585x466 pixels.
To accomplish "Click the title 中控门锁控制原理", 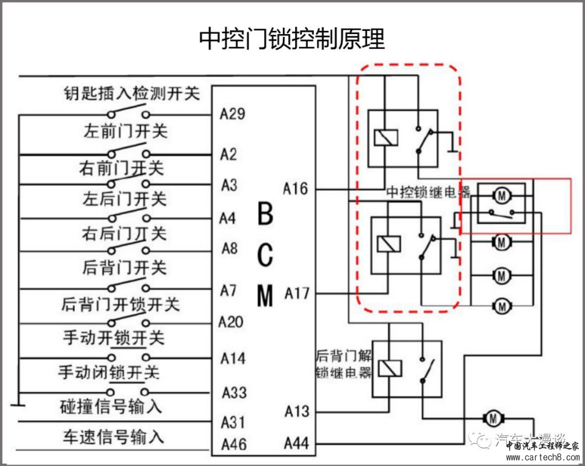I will pyautogui.click(x=292, y=39).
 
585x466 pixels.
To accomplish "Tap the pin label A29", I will pyautogui.click(x=232, y=114).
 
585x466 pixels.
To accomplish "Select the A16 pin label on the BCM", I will pyautogui.click(x=295, y=189).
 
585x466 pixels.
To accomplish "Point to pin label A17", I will pyautogui.click(x=297, y=294).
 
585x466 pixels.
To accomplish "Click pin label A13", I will pyautogui.click(x=297, y=412).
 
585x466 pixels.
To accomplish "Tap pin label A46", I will pyautogui.click(x=233, y=444).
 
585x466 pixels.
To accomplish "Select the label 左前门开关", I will pyautogui.click(x=125, y=131).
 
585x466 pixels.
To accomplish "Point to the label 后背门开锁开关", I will pyautogui.click(x=120, y=304).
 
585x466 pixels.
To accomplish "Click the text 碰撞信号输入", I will pyautogui.click(x=111, y=406).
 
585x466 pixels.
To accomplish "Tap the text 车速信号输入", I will pyautogui.click(x=113, y=437).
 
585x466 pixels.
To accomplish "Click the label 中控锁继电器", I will pyautogui.click(x=428, y=192).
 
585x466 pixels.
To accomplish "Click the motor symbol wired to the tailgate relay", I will pyautogui.click(x=492, y=418).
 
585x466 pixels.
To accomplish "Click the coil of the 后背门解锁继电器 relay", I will pyautogui.click(x=390, y=368).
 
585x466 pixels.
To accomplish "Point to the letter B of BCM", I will pyautogui.click(x=265, y=215).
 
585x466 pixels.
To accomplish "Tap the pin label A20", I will pyautogui.click(x=231, y=322).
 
